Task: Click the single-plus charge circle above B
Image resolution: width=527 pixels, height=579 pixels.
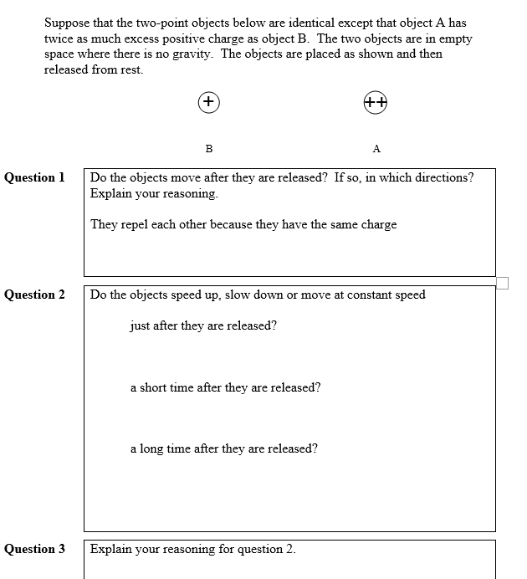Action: (208, 102)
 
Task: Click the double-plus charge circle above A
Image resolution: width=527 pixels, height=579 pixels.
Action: (376, 102)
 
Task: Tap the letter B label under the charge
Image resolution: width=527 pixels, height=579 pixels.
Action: (208, 149)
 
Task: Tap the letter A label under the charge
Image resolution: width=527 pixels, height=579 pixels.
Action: (376, 149)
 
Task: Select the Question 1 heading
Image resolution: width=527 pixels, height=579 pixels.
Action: (34, 177)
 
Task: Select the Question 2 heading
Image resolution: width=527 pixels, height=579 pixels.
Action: (34, 295)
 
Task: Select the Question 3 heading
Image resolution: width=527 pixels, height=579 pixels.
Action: (34, 549)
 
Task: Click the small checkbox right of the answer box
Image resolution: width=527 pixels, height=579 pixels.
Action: (502, 284)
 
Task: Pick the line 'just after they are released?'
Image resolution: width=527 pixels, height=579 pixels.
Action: (202, 325)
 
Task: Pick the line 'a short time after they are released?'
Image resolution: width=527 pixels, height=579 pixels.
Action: (225, 387)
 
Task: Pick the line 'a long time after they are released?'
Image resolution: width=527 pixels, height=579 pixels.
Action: (223, 448)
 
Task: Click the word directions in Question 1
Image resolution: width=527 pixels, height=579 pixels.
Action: (441, 177)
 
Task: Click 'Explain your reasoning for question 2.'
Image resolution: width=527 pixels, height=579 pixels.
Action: (192, 549)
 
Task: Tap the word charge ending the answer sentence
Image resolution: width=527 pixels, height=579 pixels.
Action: (379, 225)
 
